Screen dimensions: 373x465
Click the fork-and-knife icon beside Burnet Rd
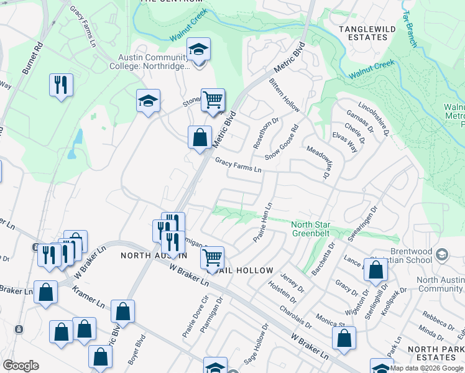(61, 85)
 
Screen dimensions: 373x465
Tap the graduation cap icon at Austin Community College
(199, 49)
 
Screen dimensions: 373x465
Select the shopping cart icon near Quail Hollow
(213, 257)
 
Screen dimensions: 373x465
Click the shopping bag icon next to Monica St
(344, 338)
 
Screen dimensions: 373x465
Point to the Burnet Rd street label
(34, 58)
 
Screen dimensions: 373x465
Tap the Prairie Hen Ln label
(263, 223)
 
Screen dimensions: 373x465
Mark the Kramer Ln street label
(88, 299)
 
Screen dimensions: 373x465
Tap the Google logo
(21, 366)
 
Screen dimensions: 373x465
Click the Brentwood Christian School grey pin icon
(442, 254)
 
